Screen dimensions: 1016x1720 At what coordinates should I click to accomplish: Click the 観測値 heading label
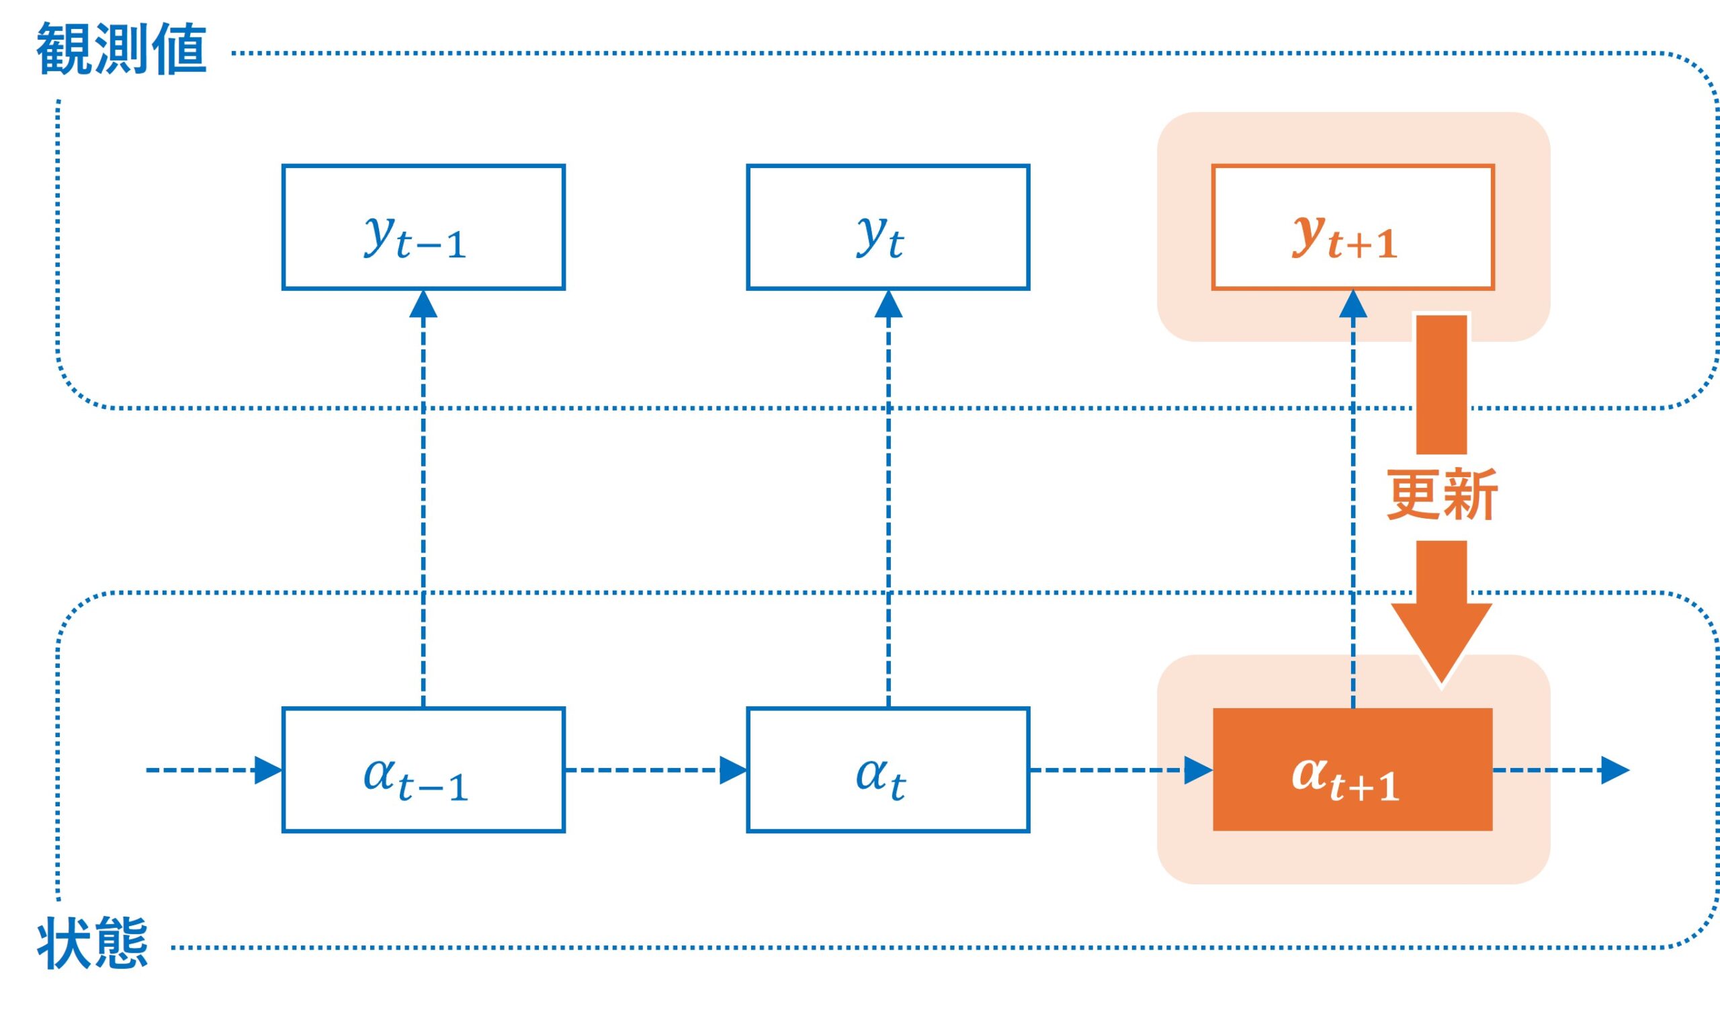[121, 49]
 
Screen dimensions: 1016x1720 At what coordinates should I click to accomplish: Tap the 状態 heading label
[93, 943]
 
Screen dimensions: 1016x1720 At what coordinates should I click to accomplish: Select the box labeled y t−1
[423, 227]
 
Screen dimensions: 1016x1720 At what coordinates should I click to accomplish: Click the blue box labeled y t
[888, 227]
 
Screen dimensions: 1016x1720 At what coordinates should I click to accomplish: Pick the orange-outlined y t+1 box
[1352, 227]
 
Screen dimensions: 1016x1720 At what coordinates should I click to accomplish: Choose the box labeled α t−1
[423, 769]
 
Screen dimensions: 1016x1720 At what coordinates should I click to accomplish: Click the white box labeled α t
[888, 769]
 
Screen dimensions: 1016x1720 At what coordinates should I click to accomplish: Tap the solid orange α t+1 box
[1352, 769]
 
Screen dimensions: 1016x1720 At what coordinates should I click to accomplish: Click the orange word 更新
[1441, 495]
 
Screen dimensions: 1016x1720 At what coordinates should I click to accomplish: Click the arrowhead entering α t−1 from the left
[267, 770]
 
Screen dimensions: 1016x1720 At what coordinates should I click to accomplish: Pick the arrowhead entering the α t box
[732, 770]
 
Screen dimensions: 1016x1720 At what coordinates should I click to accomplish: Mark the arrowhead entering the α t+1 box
[1197, 770]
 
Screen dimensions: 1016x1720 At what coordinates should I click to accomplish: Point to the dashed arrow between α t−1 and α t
[644, 770]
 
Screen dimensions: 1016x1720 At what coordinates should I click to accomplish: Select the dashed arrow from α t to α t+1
[1109, 770]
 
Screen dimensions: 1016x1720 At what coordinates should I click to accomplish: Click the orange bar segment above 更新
[1440, 384]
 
